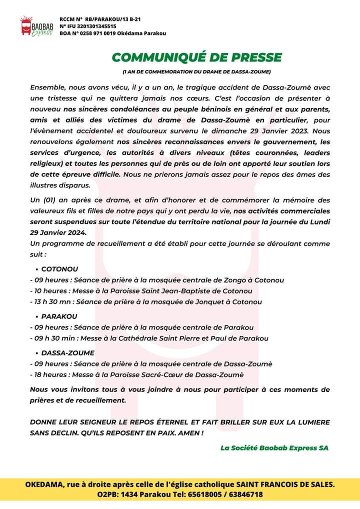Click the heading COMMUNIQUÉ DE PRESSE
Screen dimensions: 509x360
[x=196, y=57]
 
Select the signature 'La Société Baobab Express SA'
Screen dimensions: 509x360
[x=274, y=447]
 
